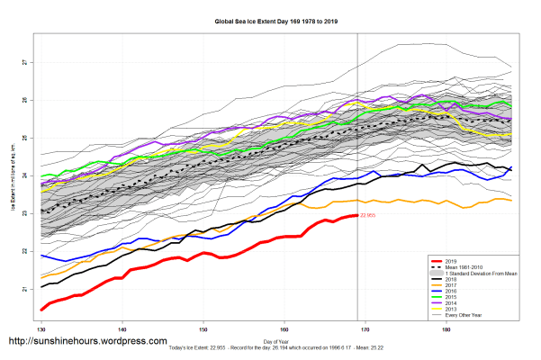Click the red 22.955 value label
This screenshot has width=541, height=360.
pyautogui.click(x=367, y=216)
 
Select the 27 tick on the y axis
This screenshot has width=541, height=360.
pyautogui.click(x=24, y=63)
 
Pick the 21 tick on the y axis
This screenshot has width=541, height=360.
pyautogui.click(x=24, y=290)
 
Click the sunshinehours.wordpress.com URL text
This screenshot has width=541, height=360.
pyautogui.click(x=86, y=342)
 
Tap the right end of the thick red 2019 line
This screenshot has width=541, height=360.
pyautogui.click(x=357, y=216)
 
